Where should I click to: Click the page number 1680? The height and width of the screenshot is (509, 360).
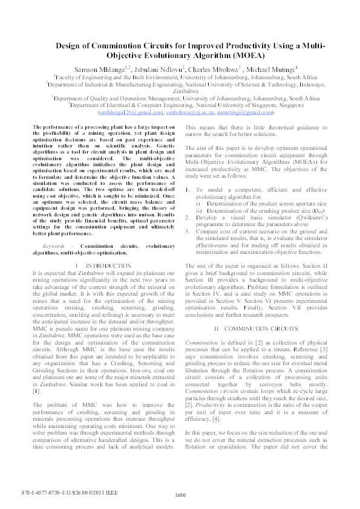tap(180, 496)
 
